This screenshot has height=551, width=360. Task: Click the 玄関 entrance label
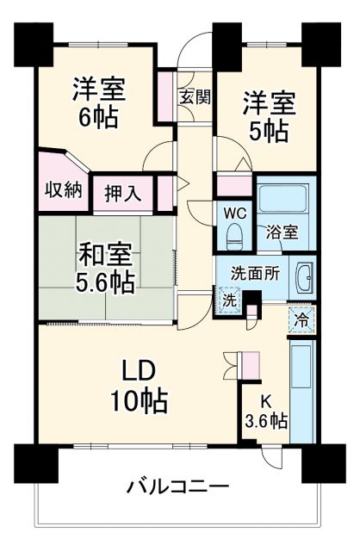195,96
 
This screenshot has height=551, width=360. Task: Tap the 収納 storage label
64,189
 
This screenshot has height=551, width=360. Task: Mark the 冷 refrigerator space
301,317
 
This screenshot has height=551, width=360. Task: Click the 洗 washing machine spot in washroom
228,300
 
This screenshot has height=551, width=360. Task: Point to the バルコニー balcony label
178,487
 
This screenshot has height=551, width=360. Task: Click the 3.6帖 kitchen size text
266,423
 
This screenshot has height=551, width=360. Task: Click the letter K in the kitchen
266,401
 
